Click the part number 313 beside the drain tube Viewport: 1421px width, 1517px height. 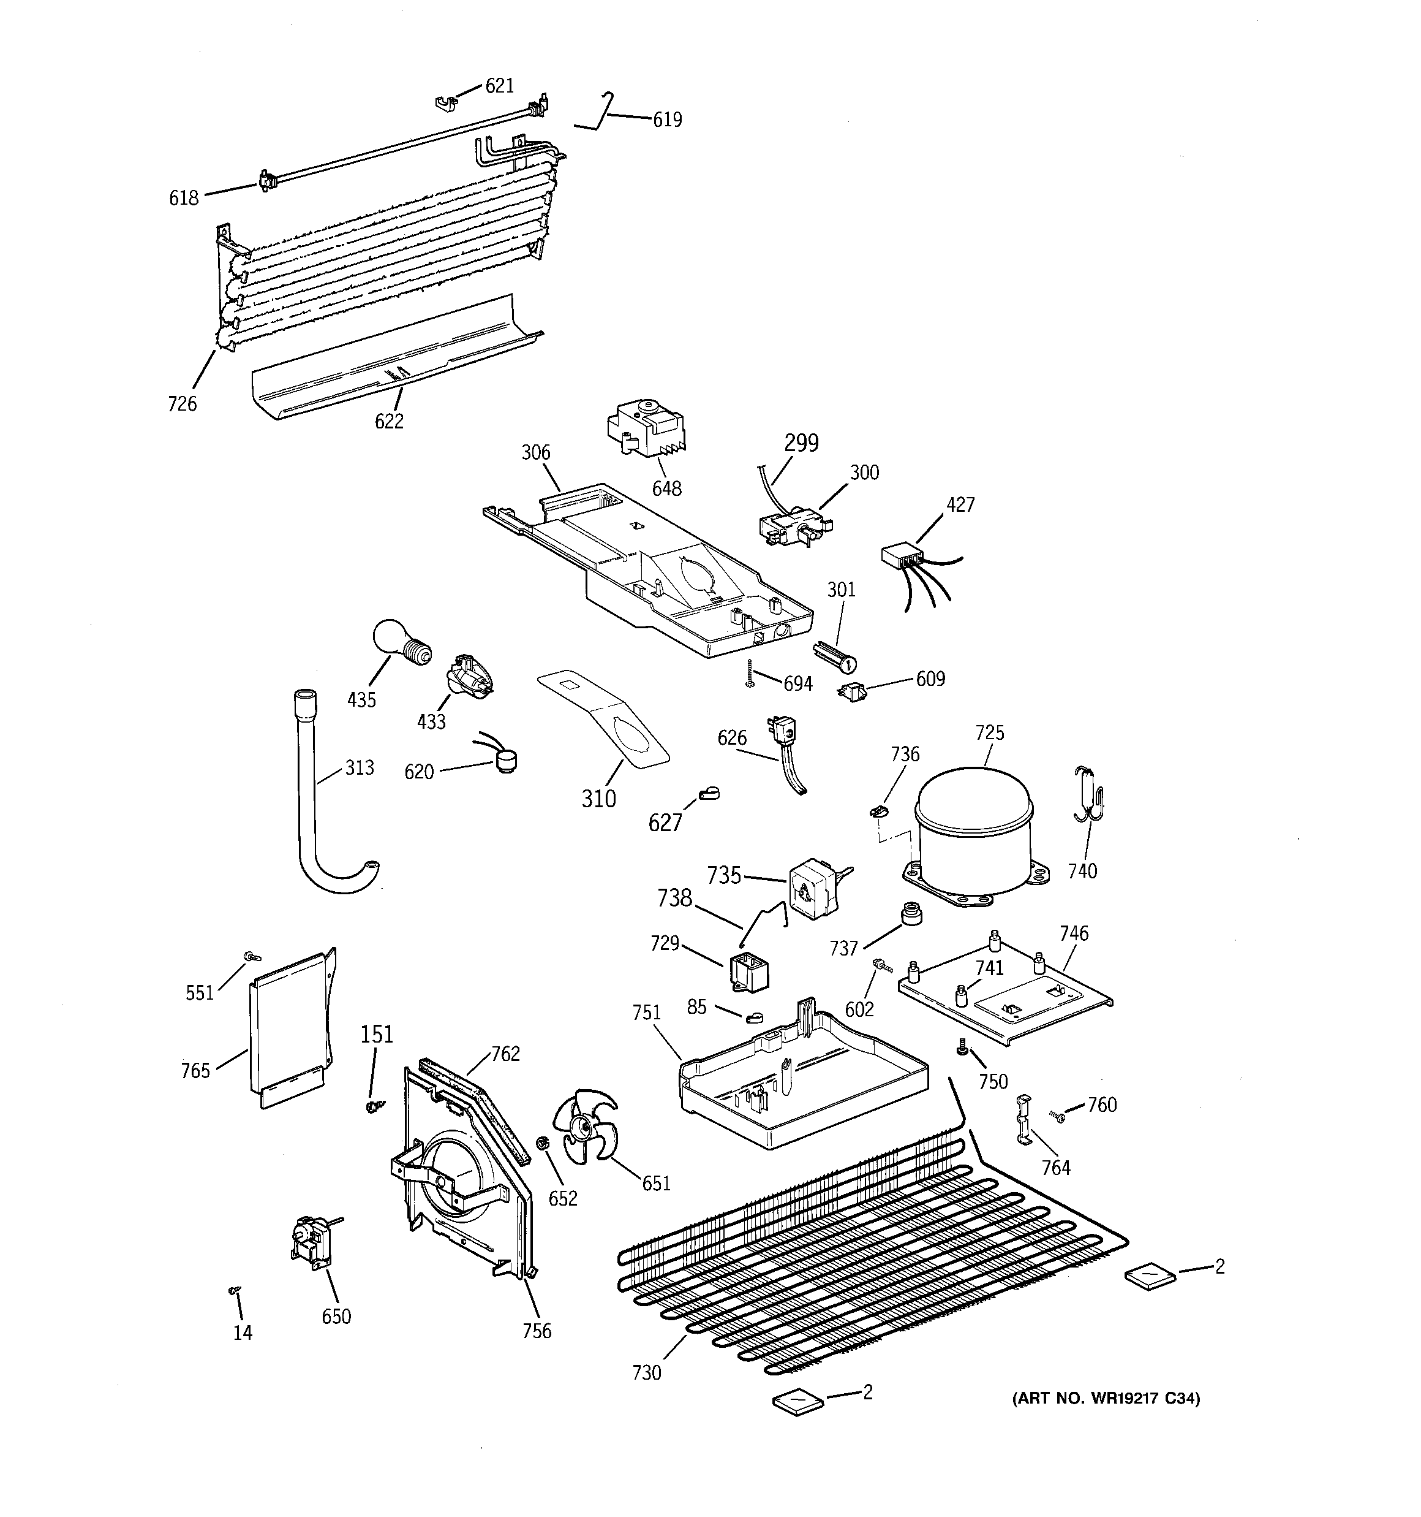[x=360, y=767]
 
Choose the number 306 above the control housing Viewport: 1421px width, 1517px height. [x=535, y=452]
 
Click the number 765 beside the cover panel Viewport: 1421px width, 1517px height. [x=195, y=1071]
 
